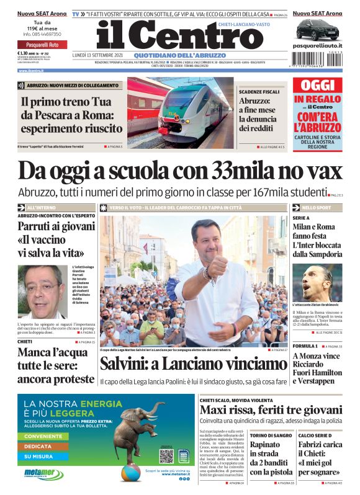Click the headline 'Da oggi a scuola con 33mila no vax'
180,171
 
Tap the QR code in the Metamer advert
166,456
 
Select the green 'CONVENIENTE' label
47,436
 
